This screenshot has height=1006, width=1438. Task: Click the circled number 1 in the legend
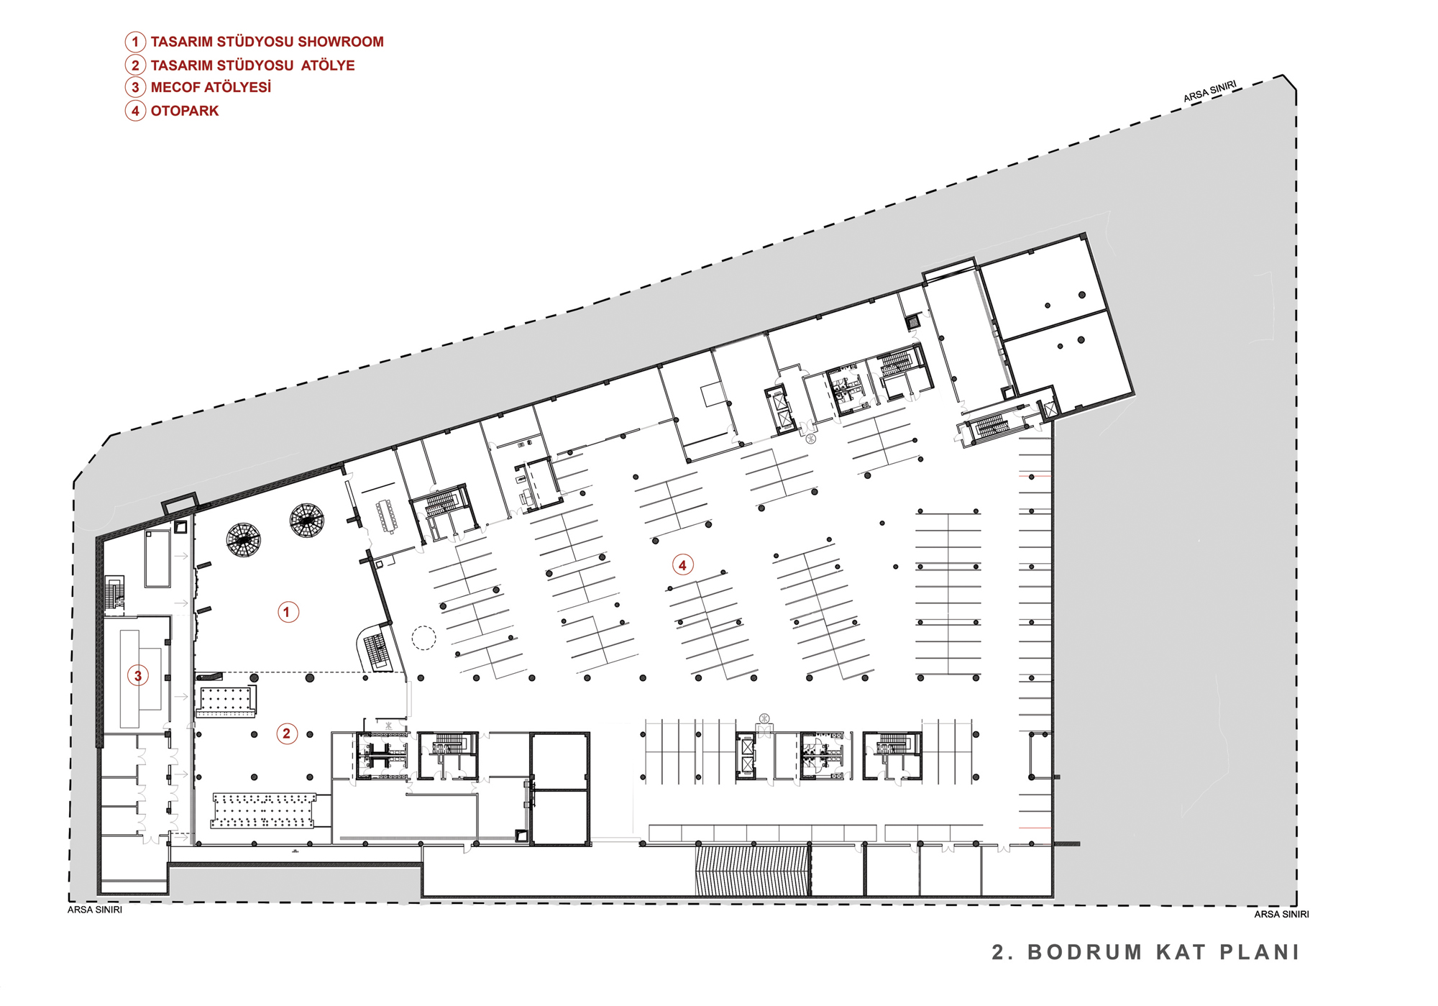(x=135, y=42)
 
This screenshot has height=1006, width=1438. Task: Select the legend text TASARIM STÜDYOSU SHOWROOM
(x=267, y=42)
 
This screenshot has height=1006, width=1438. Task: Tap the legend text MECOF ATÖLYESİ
(x=211, y=87)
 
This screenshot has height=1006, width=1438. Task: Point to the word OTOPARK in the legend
(x=185, y=111)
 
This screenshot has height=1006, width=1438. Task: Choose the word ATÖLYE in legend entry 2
(x=328, y=65)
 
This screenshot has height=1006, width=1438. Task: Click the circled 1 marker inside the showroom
(x=288, y=612)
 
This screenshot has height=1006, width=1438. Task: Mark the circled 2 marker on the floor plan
(x=287, y=733)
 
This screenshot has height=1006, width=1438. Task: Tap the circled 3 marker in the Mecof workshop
(x=138, y=675)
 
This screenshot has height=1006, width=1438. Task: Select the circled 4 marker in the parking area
(x=682, y=564)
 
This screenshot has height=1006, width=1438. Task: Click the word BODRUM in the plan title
(x=1085, y=952)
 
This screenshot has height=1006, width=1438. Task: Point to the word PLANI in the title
(x=1260, y=952)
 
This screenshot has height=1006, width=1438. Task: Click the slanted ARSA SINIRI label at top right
(x=1210, y=91)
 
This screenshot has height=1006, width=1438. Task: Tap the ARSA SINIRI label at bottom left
(x=95, y=910)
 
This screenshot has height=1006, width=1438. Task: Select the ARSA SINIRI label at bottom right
(x=1281, y=914)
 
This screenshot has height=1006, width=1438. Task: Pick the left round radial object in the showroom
(x=243, y=540)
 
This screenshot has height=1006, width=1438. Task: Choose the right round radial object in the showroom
(x=307, y=521)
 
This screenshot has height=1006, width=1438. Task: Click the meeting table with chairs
(x=386, y=516)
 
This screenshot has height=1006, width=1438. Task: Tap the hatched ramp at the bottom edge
(x=752, y=871)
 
